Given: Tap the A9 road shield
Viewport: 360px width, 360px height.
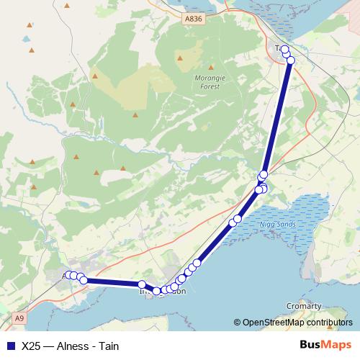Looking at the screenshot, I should coord(19,318).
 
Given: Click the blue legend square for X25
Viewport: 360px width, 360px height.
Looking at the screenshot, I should coord(10,345).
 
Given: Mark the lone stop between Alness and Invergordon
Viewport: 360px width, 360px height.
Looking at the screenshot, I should coord(142,284).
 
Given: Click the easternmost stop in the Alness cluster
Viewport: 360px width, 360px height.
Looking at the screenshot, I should coord(84,280).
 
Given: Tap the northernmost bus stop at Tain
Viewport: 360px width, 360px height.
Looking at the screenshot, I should coord(284,48).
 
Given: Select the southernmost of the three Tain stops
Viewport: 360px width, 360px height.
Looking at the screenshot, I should coord(291,60).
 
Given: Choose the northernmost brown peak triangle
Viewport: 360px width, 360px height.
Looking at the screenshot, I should coord(67,6).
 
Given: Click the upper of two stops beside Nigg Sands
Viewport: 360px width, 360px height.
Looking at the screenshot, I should coord(238,218).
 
